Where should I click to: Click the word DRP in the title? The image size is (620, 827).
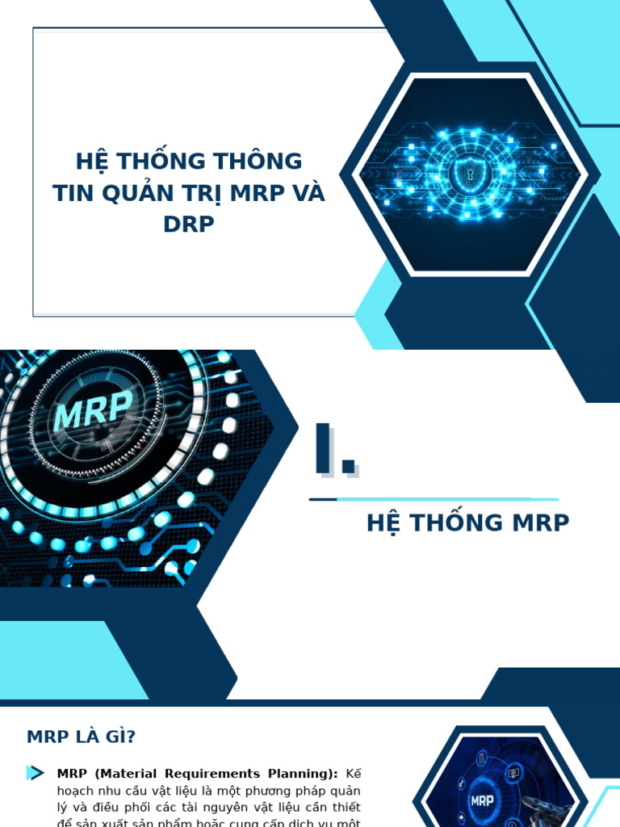(189, 225)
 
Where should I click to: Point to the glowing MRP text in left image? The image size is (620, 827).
(93, 412)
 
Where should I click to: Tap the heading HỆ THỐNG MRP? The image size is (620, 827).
(467, 523)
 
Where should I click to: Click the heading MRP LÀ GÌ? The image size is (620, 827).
(81, 737)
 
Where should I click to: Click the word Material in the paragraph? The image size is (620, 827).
(128, 774)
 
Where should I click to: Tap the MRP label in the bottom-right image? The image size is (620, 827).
(482, 802)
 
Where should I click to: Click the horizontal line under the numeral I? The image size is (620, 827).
(434, 499)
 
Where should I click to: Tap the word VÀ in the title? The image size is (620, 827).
(307, 194)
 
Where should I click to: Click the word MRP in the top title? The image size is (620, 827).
(257, 194)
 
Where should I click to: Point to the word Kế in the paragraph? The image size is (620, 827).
(353, 774)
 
